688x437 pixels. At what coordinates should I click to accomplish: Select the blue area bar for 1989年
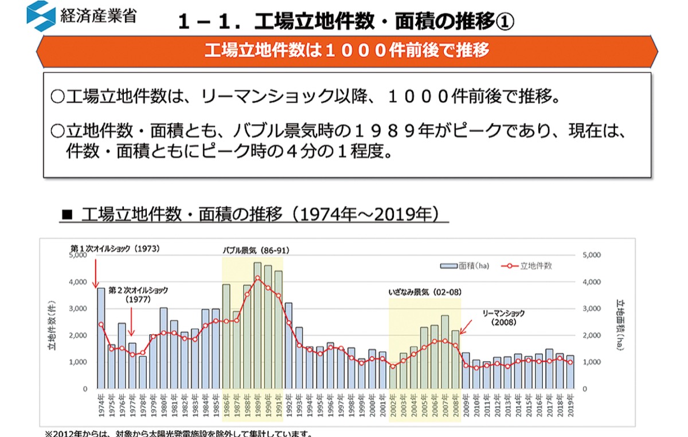[257, 326]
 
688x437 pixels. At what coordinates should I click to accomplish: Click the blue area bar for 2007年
[445, 352]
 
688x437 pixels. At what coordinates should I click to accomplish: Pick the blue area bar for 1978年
[143, 372]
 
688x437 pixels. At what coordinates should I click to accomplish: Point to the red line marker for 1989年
[257, 278]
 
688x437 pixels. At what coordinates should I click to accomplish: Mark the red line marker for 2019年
[570, 362]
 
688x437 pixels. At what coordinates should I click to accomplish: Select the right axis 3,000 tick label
[591, 308]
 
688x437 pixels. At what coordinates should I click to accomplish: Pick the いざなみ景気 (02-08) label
[425, 292]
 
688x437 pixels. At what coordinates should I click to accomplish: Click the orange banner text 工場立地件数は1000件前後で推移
[347, 51]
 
